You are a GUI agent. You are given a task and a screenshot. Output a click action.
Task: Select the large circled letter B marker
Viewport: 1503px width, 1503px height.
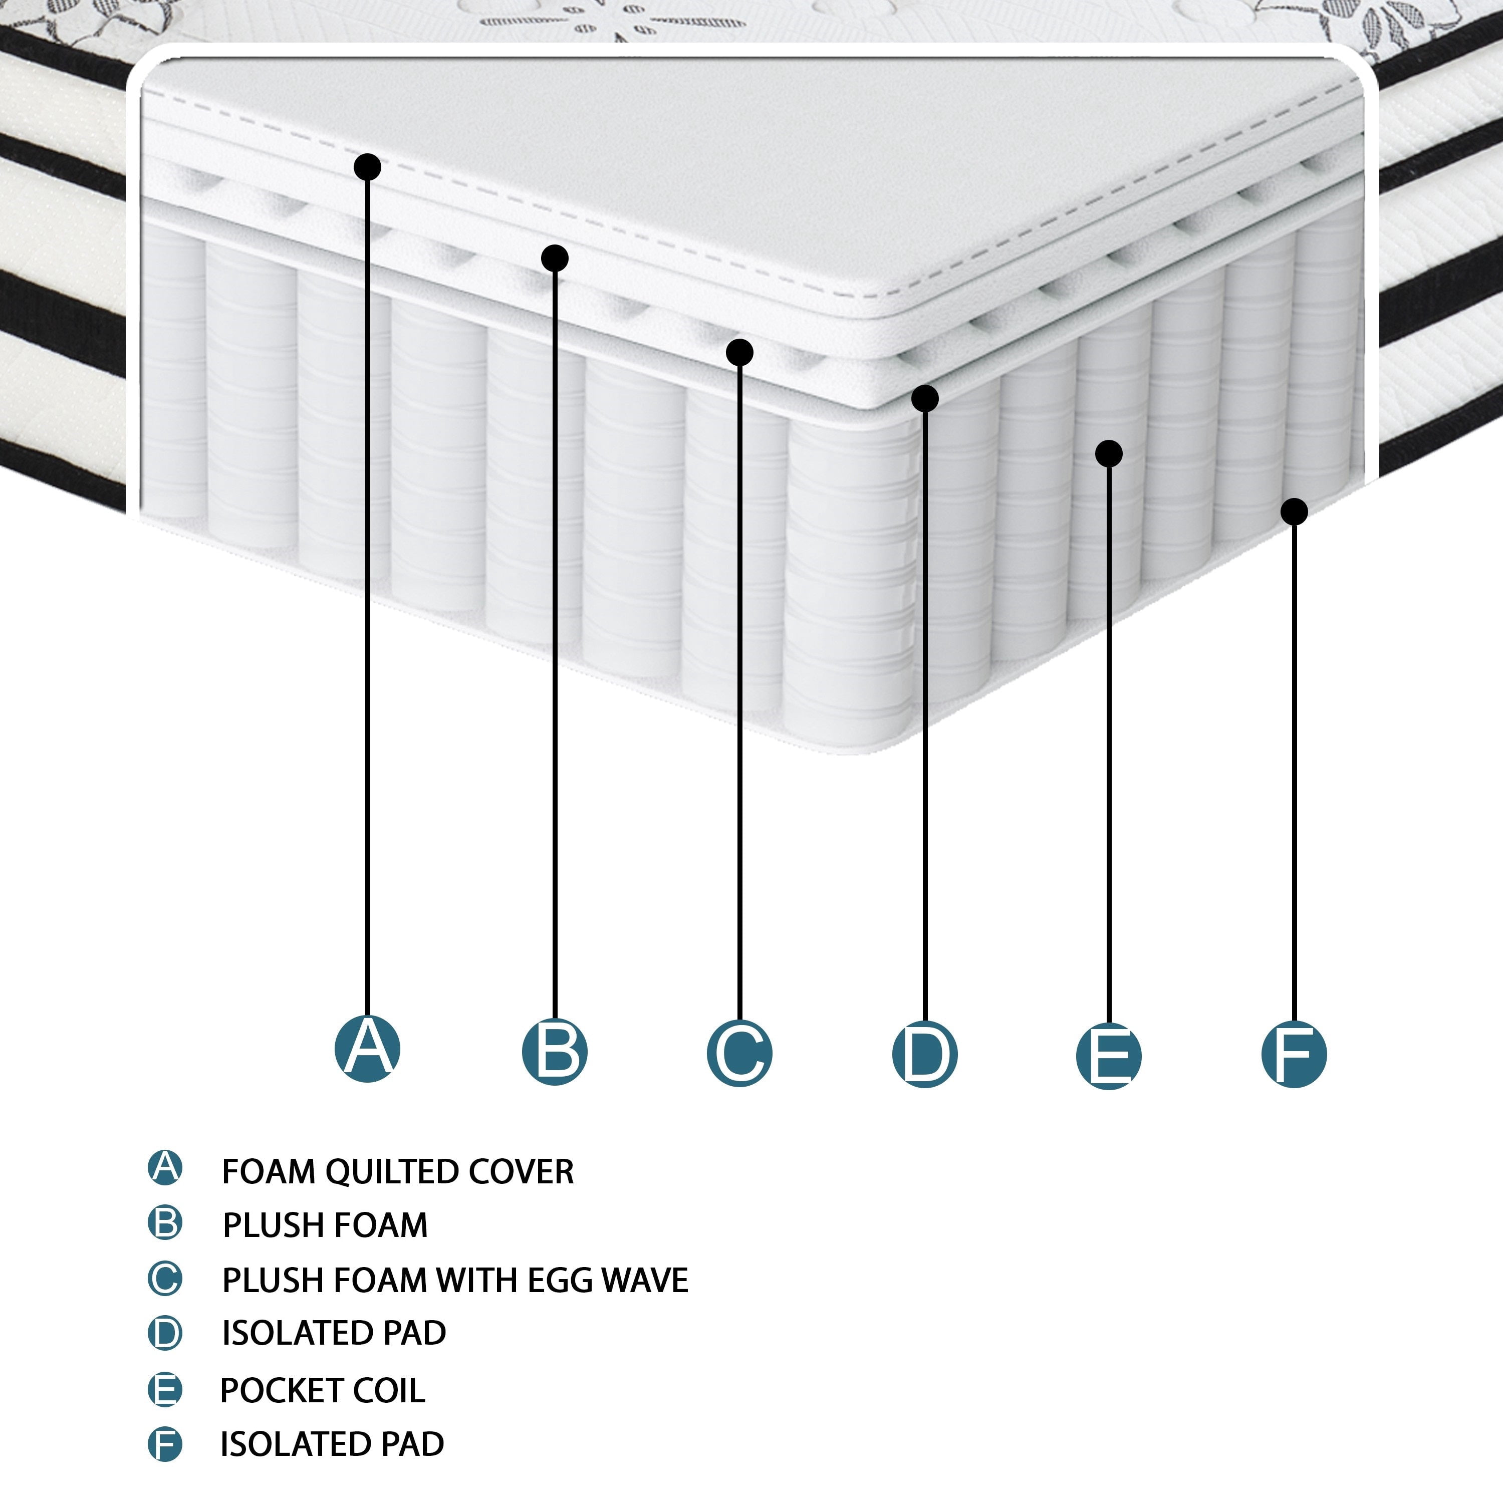[555, 1052]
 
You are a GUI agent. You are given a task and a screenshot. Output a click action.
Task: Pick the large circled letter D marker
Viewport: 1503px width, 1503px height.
[925, 1054]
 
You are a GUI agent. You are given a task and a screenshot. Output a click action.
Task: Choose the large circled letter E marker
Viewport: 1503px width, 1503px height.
[1109, 1056]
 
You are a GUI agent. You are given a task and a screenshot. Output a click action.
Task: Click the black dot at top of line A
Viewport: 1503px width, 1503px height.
[367, 166]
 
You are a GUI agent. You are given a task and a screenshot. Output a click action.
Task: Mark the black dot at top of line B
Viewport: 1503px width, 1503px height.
[555, 258]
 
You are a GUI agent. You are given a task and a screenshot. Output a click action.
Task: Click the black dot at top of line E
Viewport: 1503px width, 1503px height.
[1109, 453]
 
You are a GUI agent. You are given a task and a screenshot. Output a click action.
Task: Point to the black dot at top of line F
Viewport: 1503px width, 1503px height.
[1294, 511]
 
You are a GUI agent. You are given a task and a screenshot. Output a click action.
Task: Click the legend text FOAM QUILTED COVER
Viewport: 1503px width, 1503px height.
[397, 1172]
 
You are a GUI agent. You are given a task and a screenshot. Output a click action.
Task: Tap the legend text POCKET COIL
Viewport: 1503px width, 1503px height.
[323, 1390]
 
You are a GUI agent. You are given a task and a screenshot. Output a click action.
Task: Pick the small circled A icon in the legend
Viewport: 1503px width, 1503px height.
[165, 1168]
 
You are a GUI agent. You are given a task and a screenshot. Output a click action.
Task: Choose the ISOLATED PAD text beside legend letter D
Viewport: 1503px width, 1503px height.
[334, 1333]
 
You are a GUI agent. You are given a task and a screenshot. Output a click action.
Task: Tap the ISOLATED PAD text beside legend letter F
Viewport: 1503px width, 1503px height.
[332, 1444]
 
